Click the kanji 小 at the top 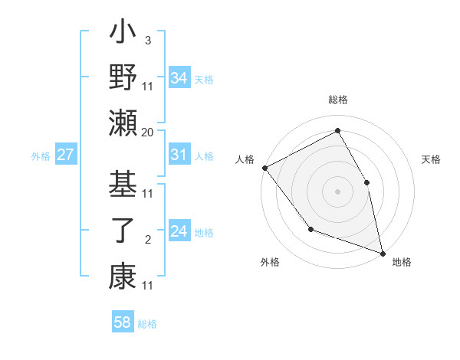123,34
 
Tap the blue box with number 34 179,78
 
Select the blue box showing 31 179,155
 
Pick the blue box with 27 66,155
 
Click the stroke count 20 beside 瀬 148,133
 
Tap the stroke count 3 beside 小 148,39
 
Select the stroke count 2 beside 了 148,240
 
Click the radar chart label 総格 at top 338,100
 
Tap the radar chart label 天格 431,159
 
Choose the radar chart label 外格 270,262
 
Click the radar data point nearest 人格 264,168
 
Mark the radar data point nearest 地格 383,252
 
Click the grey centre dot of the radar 337,191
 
